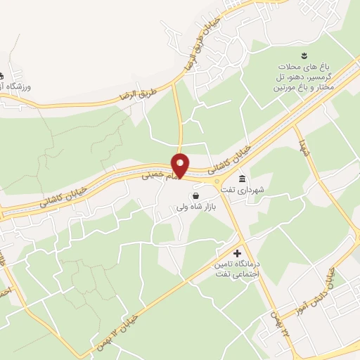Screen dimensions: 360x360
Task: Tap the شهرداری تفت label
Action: [x=260, y=190]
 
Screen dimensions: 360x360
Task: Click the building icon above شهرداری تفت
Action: [x=243, y=177]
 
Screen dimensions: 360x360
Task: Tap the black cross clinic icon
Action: [x=237, y=252]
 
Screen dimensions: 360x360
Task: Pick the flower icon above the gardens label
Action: [x=303, y=55]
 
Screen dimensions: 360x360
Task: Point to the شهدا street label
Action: [x=304, y=148]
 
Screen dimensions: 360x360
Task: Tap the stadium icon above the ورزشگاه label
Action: [x=1, y=75]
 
